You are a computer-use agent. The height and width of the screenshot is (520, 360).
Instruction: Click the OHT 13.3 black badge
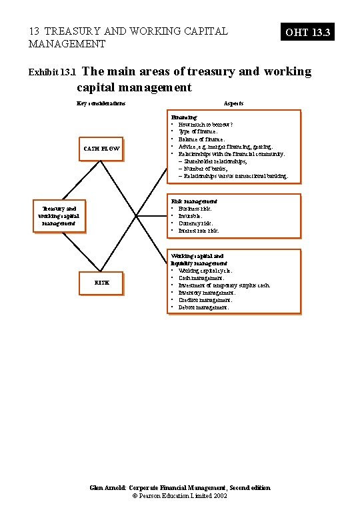(307, 32)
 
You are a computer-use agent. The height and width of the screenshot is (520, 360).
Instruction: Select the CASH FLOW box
(101, 149)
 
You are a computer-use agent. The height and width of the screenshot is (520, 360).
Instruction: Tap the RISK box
(101, 282)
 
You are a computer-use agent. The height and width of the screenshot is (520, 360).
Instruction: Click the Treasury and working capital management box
(59, 216)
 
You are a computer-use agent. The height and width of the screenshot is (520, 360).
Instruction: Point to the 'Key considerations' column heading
(101, 103)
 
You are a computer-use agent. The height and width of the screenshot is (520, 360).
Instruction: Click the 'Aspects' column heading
(233, 103)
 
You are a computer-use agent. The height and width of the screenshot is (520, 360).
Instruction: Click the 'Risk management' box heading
(194, 201)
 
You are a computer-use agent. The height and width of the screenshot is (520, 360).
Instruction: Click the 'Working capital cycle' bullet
(205, 271)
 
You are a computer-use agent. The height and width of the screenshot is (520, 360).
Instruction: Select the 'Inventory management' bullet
(207, 293)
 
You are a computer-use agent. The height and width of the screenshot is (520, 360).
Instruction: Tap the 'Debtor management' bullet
(203, 307)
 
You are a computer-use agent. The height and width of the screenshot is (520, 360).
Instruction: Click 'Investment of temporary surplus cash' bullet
(224, 285)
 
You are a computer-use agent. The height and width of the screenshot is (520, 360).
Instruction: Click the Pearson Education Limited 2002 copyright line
(180, 497)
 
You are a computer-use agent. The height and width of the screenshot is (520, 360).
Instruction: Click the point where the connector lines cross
(136, 215)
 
